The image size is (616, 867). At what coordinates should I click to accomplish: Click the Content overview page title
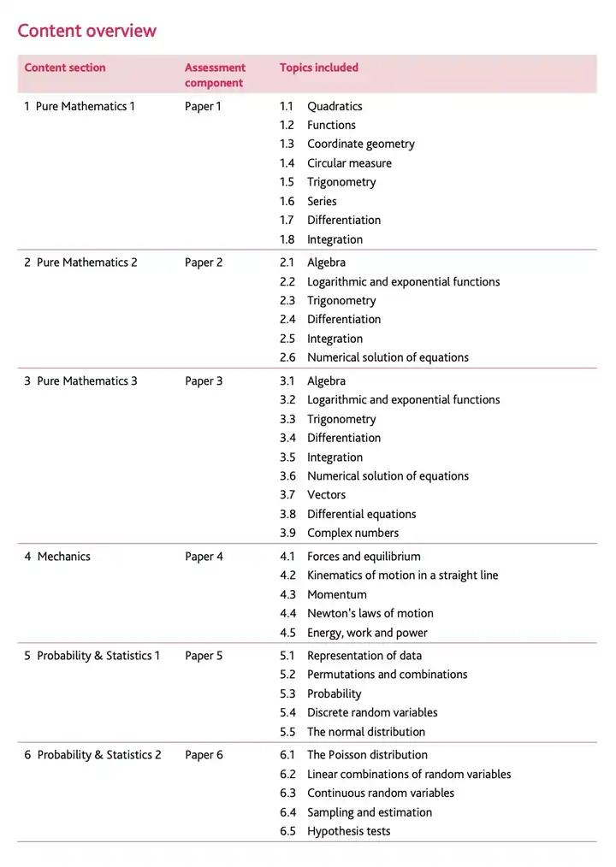pyautogui.click(x=86, y=31)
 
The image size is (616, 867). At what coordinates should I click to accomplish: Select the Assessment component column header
pyautogui.click(x=215, y=75)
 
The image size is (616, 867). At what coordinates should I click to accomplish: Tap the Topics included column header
pyautogui.click(x=318, y=68)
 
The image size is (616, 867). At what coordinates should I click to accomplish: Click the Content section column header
pyautogui.click(x=65, y=68)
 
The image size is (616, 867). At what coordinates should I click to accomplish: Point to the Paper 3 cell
pyautogui.click(x=204, y=381)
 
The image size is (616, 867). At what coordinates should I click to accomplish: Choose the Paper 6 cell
pyautogui.click(x=204, y=755)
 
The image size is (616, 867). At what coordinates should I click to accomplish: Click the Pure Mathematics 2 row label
pyautogui.click(x=80, y=262)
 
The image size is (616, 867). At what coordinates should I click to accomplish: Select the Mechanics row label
pyautogui.click(x=57, y=557)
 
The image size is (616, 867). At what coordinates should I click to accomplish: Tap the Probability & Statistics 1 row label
pyautogui.click(x=92, y=656)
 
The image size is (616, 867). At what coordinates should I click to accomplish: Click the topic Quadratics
pyautogui.click(x=335, y=106)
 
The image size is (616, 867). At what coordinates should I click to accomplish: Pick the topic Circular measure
pyautogui.click(x=349, y=163)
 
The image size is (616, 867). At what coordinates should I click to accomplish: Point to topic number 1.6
pyautogui.click(x=287, y=201)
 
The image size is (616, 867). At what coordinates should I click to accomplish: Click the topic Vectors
pyautogui.click(x=326, y=495)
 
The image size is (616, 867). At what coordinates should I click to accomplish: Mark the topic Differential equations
pyautogui.click(x=361, y=514)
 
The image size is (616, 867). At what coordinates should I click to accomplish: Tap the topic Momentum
pyautogui.click(x=336, y=594)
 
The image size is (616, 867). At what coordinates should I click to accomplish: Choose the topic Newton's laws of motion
pyautogui.click(x=370, y=613)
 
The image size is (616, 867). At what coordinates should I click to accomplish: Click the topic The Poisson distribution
pyautogui.click(x=367, y=755)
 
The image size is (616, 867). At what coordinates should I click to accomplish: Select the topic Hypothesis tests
pyautogui.click(x=348, y=831)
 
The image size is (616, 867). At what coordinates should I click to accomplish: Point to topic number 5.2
pyautogui.click(x=287, y=675)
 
